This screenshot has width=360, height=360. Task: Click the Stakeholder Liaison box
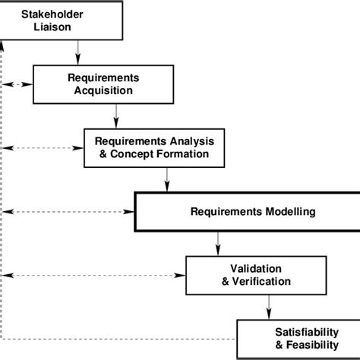coord(61,21)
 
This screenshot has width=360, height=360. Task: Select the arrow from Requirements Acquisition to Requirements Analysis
coord(116,115)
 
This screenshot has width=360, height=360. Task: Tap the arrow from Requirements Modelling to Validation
coord(218,242)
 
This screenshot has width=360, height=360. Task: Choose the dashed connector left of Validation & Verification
coord(94,274)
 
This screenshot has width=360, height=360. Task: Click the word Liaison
coord(61,27)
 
